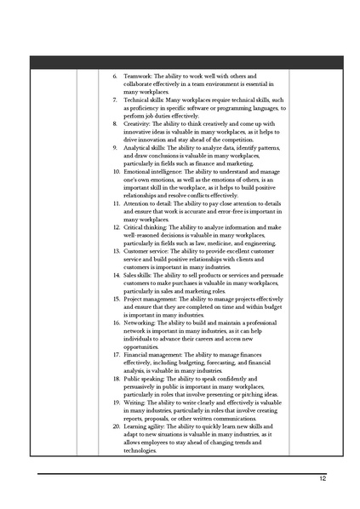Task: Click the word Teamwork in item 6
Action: click(x=137, y=77)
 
